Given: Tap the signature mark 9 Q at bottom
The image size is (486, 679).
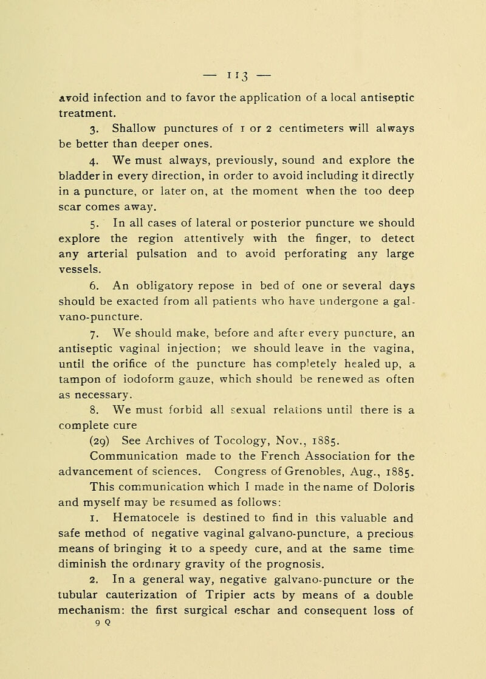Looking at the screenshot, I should [87, 674].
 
